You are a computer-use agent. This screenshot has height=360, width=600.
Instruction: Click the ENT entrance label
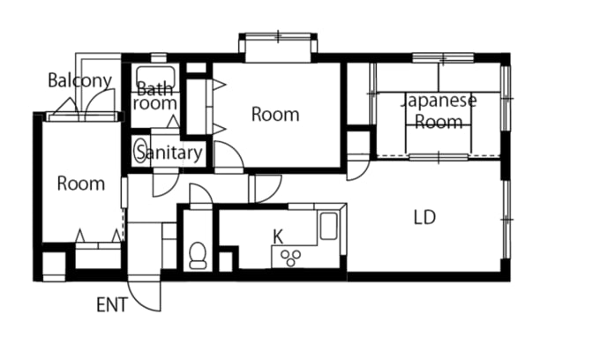point(112,305)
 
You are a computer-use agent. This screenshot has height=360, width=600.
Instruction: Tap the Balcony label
point(80,80)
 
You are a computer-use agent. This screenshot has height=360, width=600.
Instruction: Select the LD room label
point(424,217)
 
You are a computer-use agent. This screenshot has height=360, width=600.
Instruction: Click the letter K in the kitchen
point(278,237)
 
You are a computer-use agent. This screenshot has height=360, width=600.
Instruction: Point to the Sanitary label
point(169,153)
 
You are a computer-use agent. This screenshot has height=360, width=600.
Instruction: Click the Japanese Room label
point(439,111)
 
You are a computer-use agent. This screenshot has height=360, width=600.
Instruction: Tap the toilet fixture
point(198,256)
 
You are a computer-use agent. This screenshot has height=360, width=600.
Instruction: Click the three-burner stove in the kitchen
point(291,258)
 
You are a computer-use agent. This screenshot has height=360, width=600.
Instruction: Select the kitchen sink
point(328,226)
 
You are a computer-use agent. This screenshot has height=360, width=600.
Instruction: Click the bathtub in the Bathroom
point(156,78)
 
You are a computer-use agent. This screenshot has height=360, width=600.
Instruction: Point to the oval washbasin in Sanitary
point(139,152)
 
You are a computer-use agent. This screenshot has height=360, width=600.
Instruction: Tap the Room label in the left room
point(81,184)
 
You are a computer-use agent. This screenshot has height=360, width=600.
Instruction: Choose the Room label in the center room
point(275,115)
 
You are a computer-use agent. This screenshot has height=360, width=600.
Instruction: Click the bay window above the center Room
point(278,48)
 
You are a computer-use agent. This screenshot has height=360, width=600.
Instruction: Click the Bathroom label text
point(154,96)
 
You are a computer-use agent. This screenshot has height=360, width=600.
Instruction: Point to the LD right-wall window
point(506,219)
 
